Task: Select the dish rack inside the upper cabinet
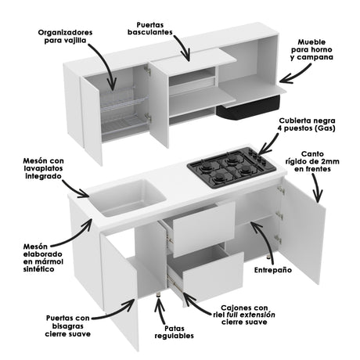[x=124, y=110]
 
